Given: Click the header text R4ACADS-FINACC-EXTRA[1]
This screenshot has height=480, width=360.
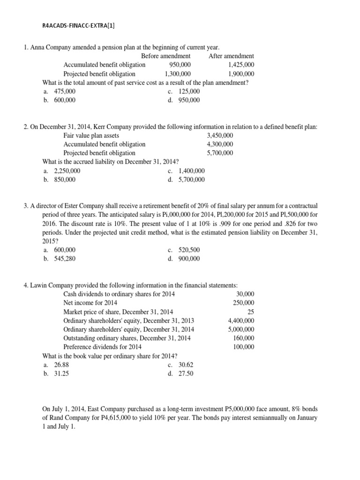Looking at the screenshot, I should pyautogui.click(x=78, y=26).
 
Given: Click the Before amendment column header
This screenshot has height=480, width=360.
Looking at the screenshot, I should pyautogui.click(x=165, y=56).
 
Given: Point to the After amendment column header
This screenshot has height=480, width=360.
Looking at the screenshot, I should pyautogui.click(x=231, y=56).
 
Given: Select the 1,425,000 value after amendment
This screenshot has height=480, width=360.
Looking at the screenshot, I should pyautogui.click(x=241, y=65).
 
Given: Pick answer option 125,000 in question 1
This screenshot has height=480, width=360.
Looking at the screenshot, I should pyautogui.click(x=189, y=91).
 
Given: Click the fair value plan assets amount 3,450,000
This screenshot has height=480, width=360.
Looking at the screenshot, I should pyautogui.click(x=219, y=135).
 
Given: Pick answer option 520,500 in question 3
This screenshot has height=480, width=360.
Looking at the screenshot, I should pyautogui.click(x=189, y=250).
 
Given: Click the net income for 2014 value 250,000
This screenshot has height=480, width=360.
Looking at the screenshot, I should pyautogui.click(x=244, y=303).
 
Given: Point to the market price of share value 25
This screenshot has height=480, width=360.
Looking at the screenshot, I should pyautogui.click(x=251, y=312).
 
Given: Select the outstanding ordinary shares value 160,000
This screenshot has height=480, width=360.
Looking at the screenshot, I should pyautogui.click(x=244, y=338).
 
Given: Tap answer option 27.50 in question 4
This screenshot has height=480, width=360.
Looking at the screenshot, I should pyautogui.click(x=186, y=374).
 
